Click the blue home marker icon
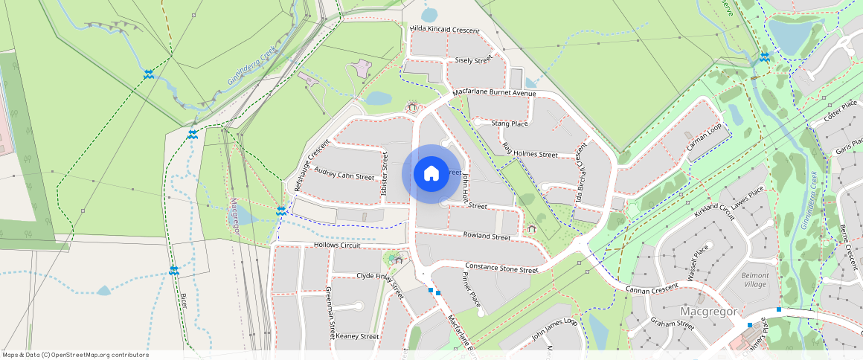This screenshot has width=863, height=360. (x=431, y=174)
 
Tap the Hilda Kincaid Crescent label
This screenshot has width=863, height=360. (x=445, y=30)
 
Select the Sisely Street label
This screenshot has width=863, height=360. (x=473, y=59)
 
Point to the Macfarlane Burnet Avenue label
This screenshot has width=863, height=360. (x=493, y=93)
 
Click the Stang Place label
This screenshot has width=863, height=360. (x=510, y=123)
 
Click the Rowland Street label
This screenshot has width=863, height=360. (x=487, y=236)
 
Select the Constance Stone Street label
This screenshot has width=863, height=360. (x=501, y=268)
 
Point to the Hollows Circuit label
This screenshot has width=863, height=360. (x=336, y=245)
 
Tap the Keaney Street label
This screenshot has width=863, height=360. (x=357, y=336)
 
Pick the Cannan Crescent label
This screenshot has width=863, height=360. (x=652, y=288)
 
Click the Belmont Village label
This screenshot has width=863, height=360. (x=754, y=280)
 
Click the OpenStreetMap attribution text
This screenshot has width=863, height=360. (x=76, y=355)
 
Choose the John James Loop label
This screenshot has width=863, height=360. (x=554, y=329)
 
